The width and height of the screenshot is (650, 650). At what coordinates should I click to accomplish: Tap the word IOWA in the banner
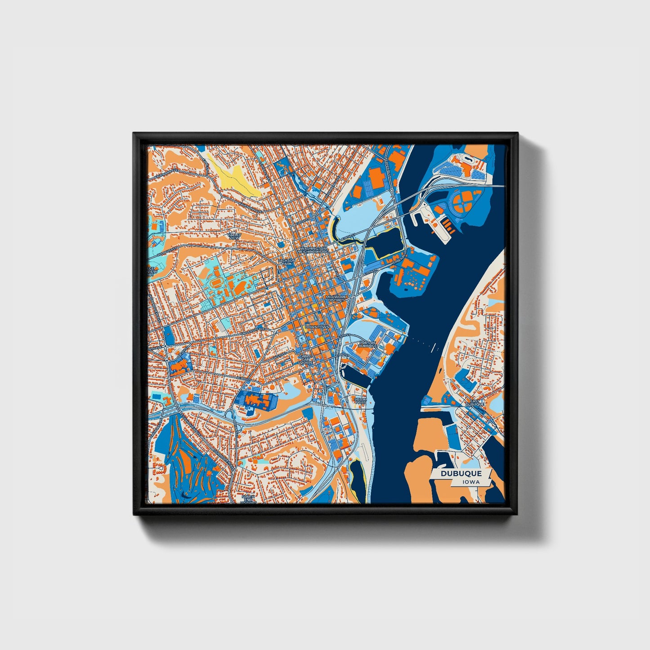click(x=470, y=482)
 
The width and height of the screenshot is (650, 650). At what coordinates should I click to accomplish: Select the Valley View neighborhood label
click(x=234, y=236)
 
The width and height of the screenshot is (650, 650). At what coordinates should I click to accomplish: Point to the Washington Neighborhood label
click(x=314, y=250)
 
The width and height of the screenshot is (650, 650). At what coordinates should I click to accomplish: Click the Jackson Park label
click(x=287, y=262)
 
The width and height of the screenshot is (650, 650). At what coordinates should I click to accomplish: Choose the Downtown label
click(x=317, y=327)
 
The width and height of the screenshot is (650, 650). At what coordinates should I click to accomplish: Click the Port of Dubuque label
click(x=367, y=345)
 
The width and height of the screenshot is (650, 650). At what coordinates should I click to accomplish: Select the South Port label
click(x=360, y=400)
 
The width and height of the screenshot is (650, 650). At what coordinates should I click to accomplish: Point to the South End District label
click(x=248, y=499)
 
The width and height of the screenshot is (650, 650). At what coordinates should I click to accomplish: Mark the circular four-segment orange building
click(x=463, y=203)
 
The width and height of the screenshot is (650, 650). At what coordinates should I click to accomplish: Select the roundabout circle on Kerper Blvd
click(x=392, y=191)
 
